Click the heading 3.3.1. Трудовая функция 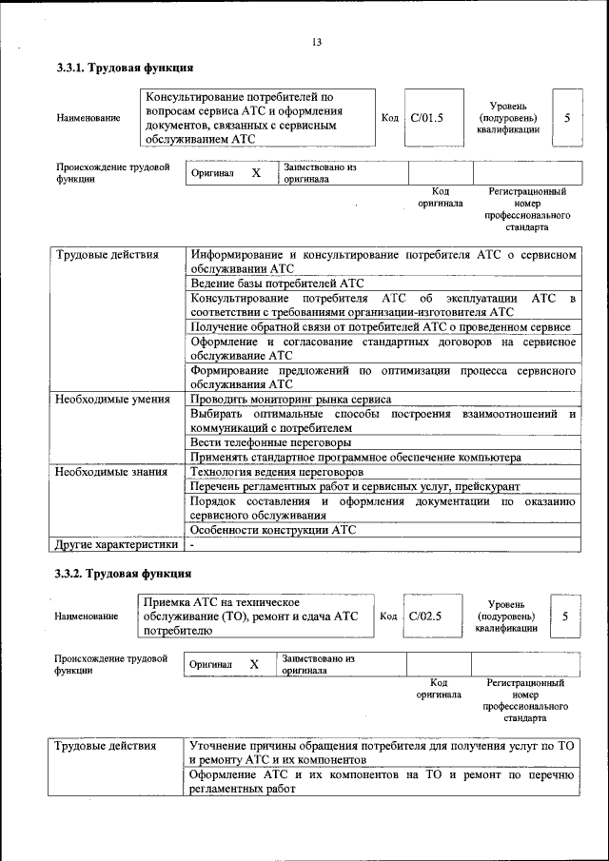125,68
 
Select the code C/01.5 426,118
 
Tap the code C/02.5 425,616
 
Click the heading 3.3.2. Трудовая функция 124,574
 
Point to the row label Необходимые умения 112,400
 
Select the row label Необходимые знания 111,472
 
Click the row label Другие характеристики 116,545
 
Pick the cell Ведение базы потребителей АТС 277,283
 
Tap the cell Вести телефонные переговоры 271,442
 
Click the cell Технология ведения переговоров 276,472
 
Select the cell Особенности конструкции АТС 273,530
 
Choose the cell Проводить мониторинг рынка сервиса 290,400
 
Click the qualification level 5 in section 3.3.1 567,118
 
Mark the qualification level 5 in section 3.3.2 565,616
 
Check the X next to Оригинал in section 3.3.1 255,173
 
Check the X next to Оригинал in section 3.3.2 254,664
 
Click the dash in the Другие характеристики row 192,545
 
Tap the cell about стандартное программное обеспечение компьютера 356,458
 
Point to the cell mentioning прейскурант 355,486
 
